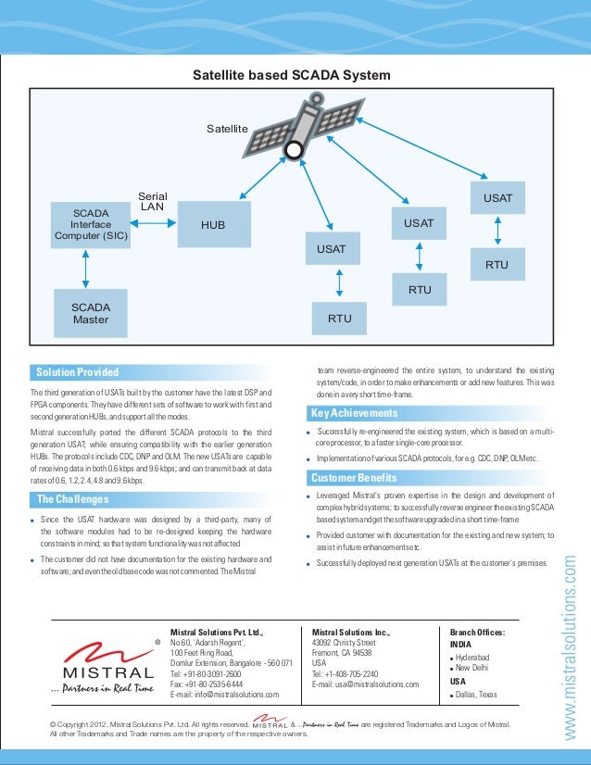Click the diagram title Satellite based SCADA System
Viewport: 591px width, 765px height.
tap(291, 75)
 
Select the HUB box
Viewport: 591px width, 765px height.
tap(213, 225)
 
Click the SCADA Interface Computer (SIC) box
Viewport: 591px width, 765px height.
tap(91, 225)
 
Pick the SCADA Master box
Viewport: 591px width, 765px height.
tap(91, 313)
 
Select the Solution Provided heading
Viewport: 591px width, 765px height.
tap(77, 372)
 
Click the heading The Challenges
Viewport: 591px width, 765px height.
tap(73, 500)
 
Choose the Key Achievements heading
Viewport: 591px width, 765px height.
tap(354, 413)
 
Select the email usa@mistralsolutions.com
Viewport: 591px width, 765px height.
tap(365, 684)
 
